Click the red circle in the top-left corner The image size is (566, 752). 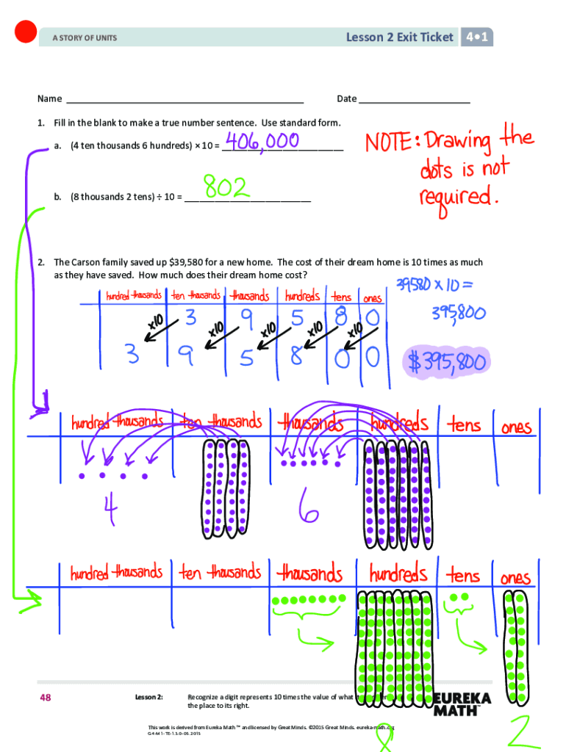pos(26,32)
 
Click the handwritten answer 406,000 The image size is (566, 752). pos(261,141)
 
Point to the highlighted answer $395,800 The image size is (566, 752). pos(445,361)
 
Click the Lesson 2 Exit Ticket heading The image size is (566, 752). pos(400,37)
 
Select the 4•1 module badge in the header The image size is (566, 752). pos(477,37)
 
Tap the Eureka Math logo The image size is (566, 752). pos(461,703)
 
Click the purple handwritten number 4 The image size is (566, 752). pos(110,512)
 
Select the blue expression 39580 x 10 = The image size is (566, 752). pos(435,284)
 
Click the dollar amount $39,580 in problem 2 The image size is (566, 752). pos(187,262)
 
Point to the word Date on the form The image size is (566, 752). pos(346,98)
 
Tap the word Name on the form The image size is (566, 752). pos(50,98)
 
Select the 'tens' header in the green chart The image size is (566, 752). pos(464,575)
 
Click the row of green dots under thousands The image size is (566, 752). pos(309,599)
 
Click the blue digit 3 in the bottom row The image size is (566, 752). pos(132,356)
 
